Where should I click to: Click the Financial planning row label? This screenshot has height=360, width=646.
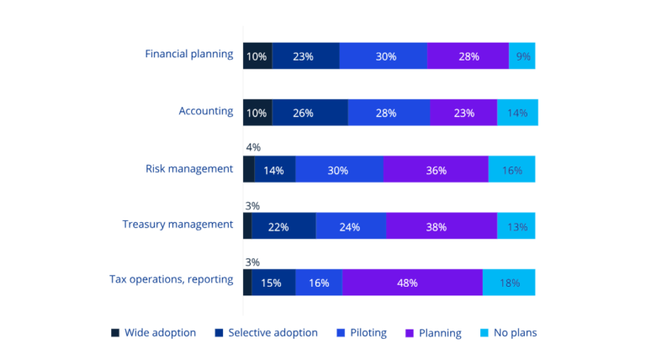tap(188, 54)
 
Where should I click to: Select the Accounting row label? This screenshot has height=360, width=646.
tap(205, 110)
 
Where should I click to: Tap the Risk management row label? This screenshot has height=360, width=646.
tap(188, 168)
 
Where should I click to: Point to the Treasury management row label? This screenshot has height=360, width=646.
tap(177, 224)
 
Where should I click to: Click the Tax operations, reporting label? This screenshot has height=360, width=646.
tap(171, 279)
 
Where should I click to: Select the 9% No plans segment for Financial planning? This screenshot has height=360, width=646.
tap(522, 56)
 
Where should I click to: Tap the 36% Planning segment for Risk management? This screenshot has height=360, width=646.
tap(436, 170)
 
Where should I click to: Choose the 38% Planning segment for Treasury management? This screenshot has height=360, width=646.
tap(442, 226)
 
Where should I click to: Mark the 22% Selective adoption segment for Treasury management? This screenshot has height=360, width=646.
tap(283, 226)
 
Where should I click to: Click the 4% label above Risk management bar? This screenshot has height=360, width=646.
tap(253, 147)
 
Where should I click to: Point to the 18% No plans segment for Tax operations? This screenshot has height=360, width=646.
tap(509, 283)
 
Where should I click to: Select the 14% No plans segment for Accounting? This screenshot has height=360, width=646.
tap(517, 113)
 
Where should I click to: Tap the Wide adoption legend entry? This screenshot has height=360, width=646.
tap(154, 332)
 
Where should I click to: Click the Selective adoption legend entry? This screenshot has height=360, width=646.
tap(266, 332)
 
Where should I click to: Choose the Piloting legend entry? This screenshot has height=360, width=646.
tap(361, 332)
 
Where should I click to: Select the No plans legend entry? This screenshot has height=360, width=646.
tap(508, 332)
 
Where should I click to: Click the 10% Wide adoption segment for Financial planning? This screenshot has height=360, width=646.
tap(257, 56)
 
